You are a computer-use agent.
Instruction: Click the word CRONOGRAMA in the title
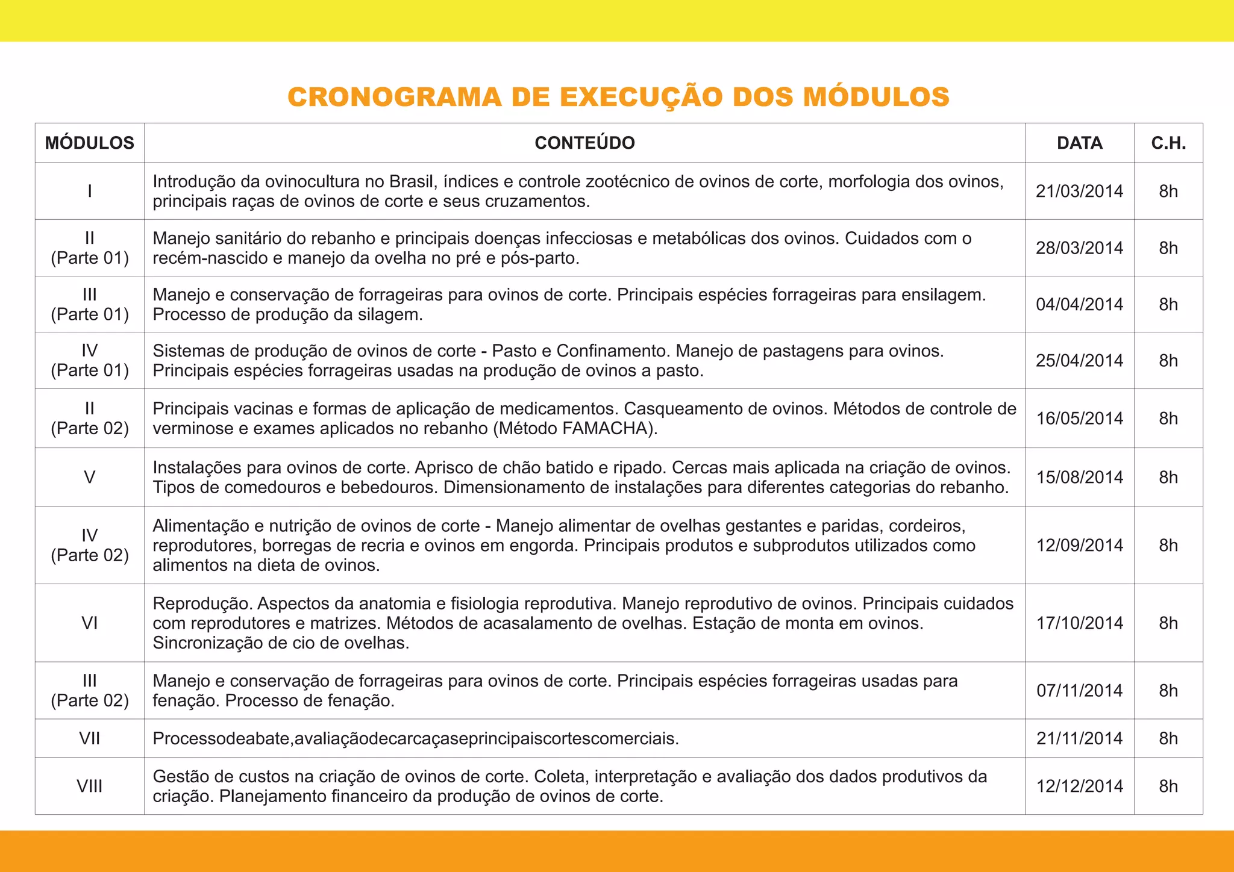pyautogui.click(x=394, y=98)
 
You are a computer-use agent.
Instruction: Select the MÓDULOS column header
pyautogui.click(x=89, y=143)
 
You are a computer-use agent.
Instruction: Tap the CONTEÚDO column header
pyautogui.click(x=584, y=143)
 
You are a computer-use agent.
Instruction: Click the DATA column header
pyautogui.click(x=1079, y=143)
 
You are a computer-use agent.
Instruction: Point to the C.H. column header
pyautogui.click(x=1168, y=143)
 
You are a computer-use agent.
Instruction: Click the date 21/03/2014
pyautogui.click(x=1079, y=192)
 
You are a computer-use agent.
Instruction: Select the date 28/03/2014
pyautogui.click(x=1079, y=248)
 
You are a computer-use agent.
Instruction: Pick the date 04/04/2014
pyautogui.click(x=1079, y=305)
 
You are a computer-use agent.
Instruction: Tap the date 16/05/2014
pyautogui.click(x=1079, y=419)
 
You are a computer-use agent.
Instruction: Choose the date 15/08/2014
pyautogui.click(x=1079, y=478)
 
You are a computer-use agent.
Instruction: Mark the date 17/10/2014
pyautogui.click(x=1079, y=623)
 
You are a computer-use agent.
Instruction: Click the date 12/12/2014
pyautogui.click(x=1079, y=786)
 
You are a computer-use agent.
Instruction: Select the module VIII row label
pyautogui.click(x=89, y=786)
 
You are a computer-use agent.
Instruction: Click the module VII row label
pyautogui.click(x=89, y=738)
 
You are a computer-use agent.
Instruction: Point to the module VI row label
pyautogui.click(x=89, y=623)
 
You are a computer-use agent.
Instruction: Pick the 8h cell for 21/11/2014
pyautogui.click(x=1168, y=738)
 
